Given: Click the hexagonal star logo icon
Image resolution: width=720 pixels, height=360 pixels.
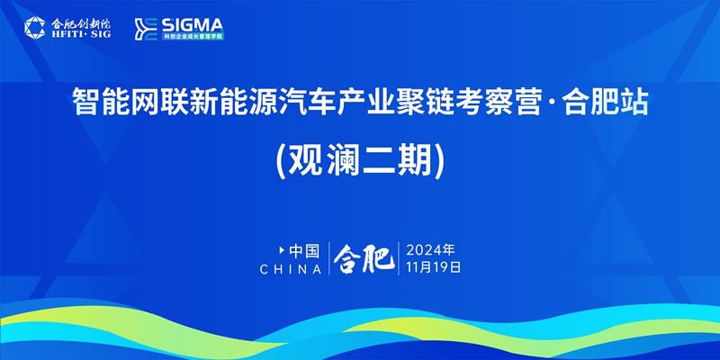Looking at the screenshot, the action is click(35, 28).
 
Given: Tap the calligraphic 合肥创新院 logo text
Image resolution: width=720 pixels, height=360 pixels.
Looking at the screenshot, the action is click(81, 23).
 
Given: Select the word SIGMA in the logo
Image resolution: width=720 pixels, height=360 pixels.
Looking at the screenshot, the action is click(193, 24).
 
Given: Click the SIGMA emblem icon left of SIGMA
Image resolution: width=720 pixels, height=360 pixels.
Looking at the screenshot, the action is click(146, 29).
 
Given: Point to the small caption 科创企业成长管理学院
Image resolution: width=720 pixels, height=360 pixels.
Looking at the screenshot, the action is click(193, 36).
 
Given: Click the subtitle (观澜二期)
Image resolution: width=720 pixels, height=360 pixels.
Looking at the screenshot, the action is click(360, 163).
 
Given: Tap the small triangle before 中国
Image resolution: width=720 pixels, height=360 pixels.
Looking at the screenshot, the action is click(282, 250).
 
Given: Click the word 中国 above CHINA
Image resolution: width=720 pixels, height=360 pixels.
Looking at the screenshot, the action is click(304, 251).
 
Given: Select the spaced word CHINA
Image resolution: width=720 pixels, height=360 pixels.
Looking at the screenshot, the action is click(291, 269).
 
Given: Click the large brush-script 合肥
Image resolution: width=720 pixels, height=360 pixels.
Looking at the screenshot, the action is click(364, 259).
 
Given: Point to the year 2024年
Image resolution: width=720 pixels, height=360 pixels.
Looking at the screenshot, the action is click(430, 250).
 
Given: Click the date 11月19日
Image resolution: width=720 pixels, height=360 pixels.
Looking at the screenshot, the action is click(433, 267).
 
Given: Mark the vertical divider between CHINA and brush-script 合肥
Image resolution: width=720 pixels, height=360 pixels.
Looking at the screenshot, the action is click(328, 258).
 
